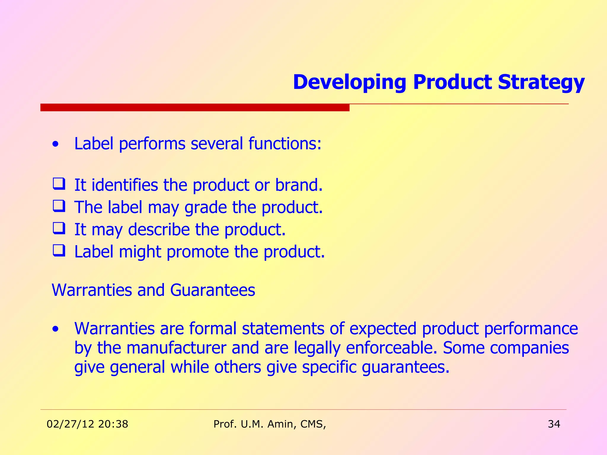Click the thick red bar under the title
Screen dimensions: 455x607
[195, 107]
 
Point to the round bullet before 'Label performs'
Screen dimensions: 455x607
[55, 145]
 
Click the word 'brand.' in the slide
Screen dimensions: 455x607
[298, 185]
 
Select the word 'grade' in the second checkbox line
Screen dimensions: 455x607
[205, 207]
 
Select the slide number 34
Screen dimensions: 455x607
[554, 424]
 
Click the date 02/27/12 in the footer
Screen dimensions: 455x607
[70, 424]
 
